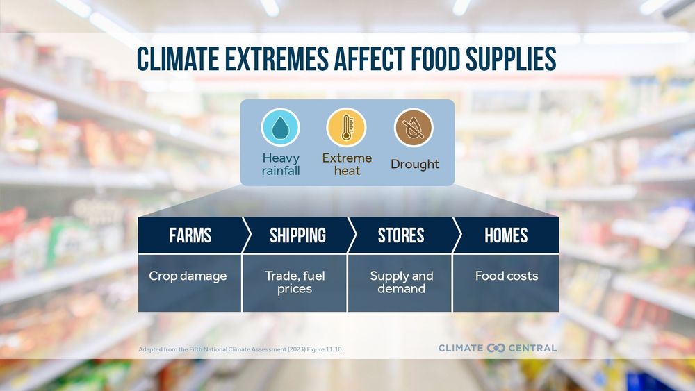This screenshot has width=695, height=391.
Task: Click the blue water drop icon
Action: click(x=280, y=128)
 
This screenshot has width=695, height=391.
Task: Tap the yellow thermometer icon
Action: click(x=346, y=128)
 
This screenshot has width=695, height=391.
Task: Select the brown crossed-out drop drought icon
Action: click(x=414, y=128)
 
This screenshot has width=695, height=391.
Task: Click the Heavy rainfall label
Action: click(x=281, y=164)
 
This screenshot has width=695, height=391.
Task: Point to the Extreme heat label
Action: click(x=347, y=164)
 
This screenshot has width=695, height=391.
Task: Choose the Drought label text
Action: click(x=415, y=165)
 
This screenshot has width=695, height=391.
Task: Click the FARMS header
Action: click(x=190, y=235)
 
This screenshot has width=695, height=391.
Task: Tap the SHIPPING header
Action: click(x=297, y=235)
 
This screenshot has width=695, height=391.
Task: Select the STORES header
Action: click(x=401, y=235)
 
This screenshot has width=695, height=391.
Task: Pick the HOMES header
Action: click(x=506, y=235)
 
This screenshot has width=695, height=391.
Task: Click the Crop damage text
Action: click(x=188, y=276)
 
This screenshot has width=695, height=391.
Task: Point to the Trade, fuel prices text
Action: click(x=295, y=282)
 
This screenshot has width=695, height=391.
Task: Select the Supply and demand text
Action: click(x=401, y=282)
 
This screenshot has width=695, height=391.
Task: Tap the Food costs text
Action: click(x=506, y=276)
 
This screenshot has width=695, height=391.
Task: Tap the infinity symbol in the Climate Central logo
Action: click(x=496, y=347)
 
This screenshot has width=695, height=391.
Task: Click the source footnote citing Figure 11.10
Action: click(x=240, y=349)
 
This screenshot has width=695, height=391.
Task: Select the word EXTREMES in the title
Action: click(x=268, y=60)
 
